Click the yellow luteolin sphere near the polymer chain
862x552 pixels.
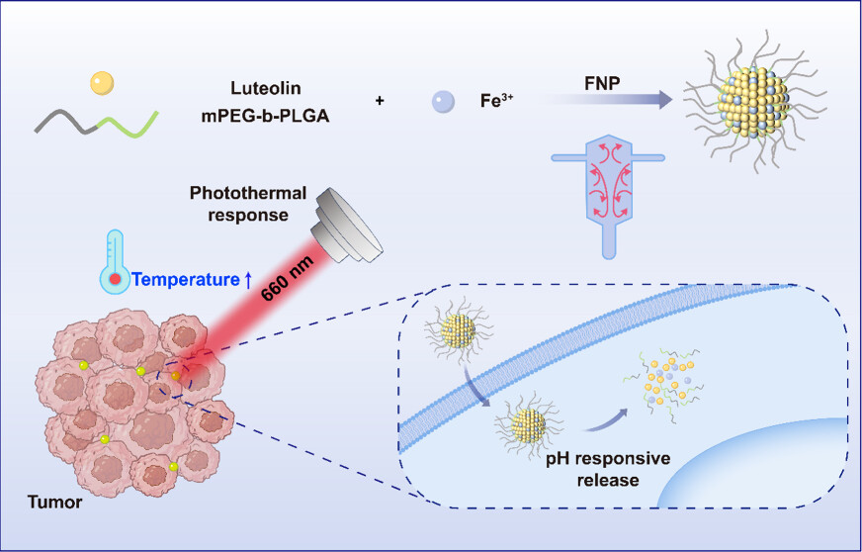(x=102, y=83)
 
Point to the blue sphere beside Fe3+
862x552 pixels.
(x=444, y=101)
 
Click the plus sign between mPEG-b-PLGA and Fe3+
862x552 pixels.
(x=380, y=101)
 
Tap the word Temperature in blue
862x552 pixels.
(x=189, y=280)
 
